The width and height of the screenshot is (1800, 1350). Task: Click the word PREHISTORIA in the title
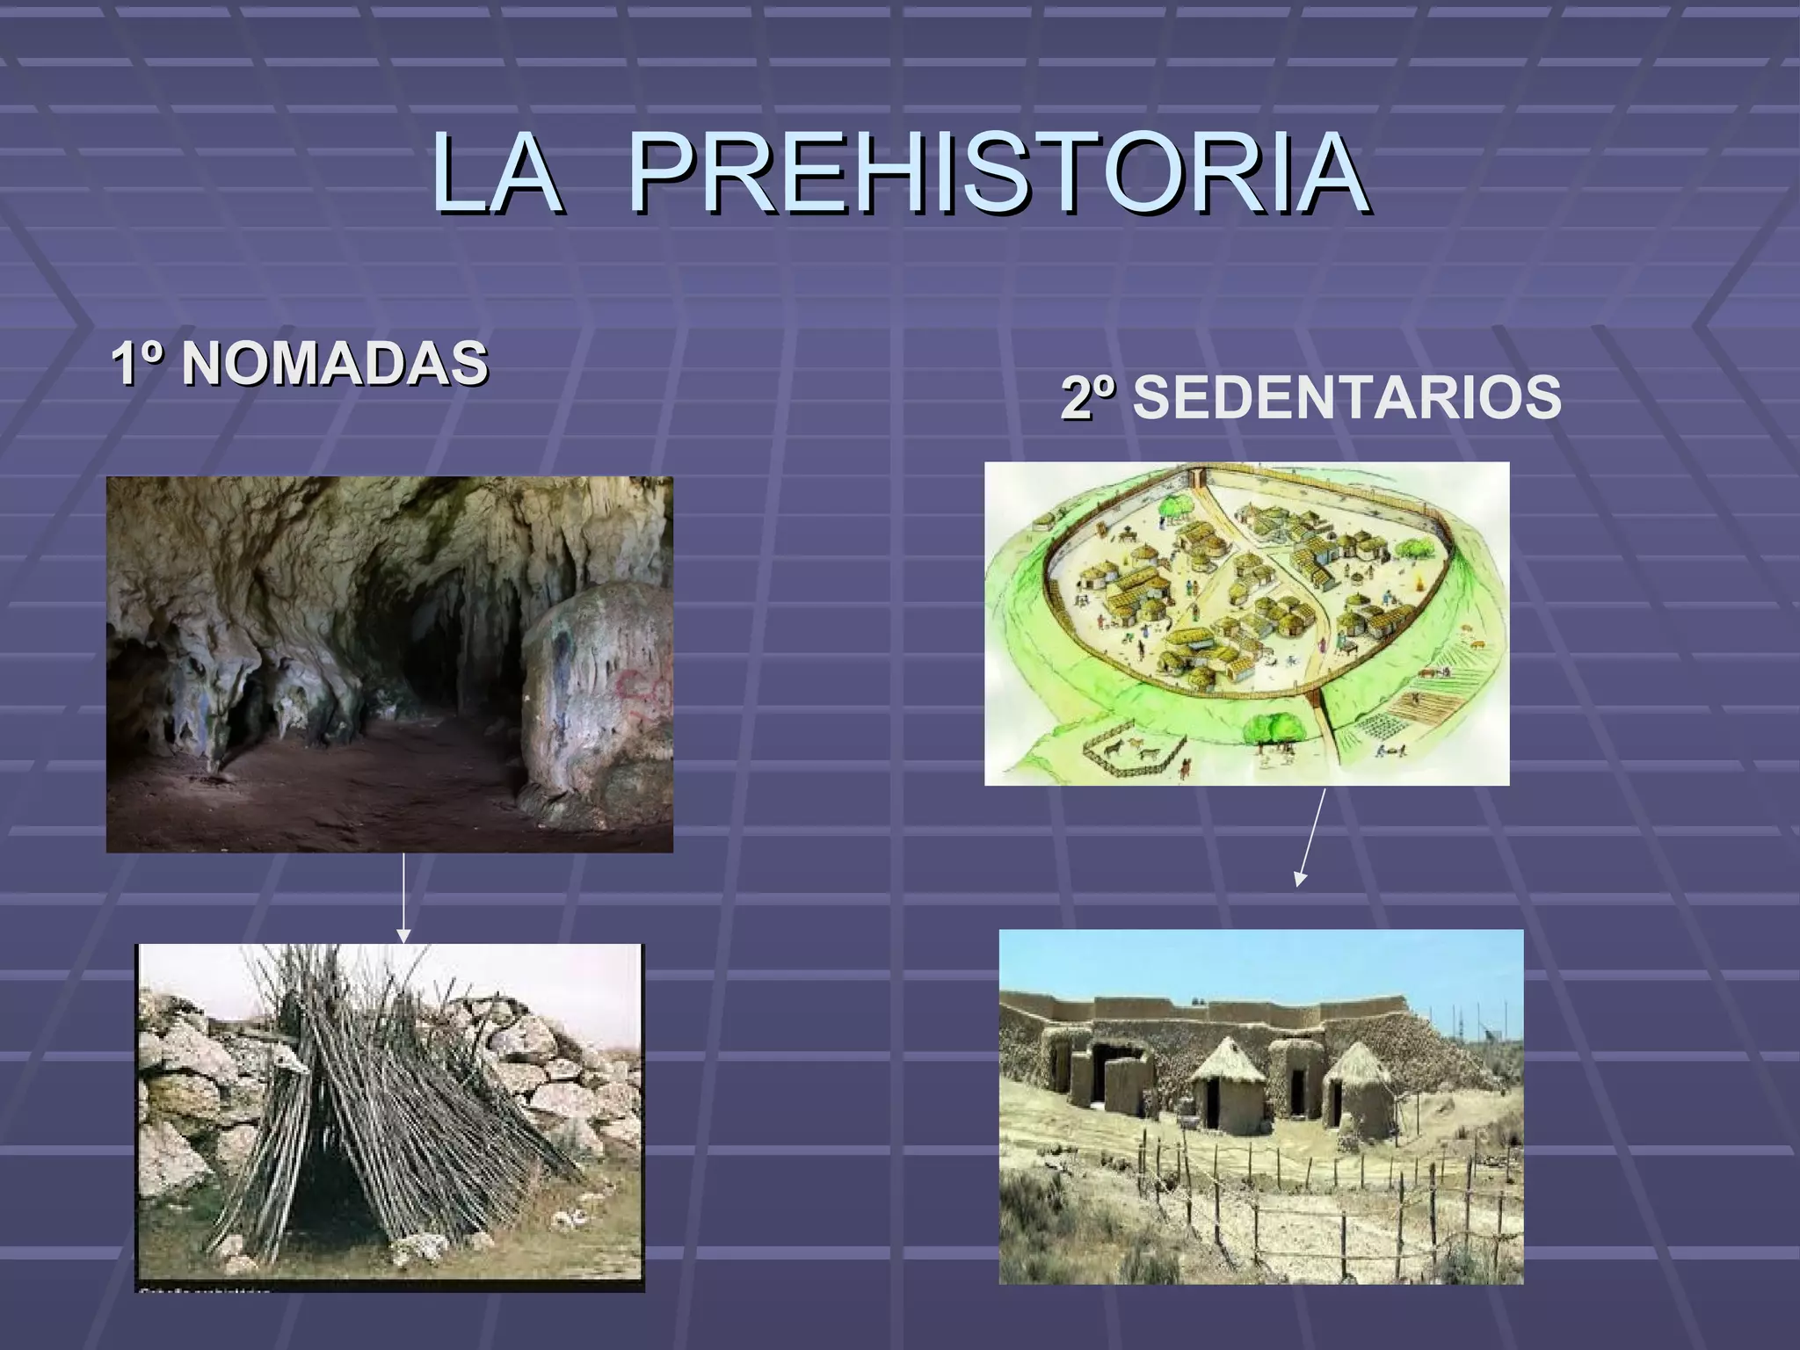coord(998,174)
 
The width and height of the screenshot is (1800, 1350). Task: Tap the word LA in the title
coord(497,174)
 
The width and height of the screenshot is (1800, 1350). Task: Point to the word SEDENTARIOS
coord(1346,397)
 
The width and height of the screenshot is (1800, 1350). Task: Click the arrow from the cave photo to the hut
coord(403,896)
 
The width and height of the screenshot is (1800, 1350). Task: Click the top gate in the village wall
coord(1198,478)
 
